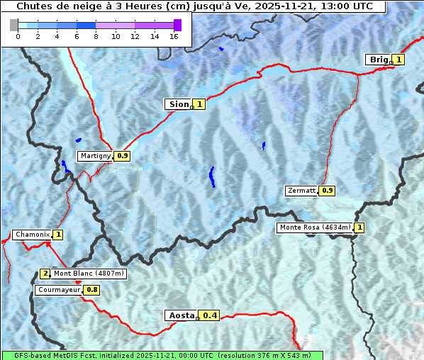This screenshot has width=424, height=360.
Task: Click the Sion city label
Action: point(178,104)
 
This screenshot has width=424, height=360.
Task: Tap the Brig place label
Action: point(379,60)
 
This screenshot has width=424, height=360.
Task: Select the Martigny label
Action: point(95,156)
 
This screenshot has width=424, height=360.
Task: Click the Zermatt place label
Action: point(301,191)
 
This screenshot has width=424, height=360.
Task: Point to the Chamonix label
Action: point(31,235)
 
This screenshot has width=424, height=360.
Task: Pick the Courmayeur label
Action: point(59,290)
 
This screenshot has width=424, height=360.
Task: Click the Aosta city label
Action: point(180,315)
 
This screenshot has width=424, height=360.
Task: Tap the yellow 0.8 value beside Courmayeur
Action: point(92,290)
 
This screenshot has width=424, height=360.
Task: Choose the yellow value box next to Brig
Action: point(398,60)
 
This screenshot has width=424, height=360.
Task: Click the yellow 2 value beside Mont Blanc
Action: point(45,274)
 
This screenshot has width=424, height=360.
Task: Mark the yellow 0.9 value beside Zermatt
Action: point(327,191)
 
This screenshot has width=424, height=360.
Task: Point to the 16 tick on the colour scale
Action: point(174,36)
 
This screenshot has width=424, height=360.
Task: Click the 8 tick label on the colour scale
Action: point(96,36)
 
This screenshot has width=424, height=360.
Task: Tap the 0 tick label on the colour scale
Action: point(18,36)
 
